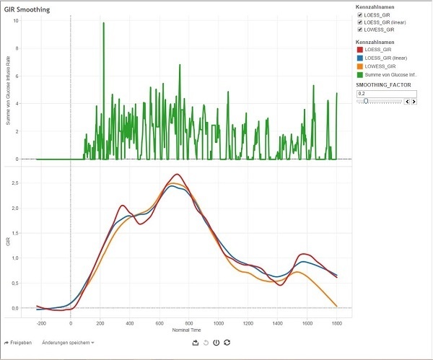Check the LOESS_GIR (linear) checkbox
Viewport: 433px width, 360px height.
pos(360,22)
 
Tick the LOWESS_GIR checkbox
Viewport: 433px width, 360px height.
pos(360,30)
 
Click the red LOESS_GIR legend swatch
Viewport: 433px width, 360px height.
pos(360,49)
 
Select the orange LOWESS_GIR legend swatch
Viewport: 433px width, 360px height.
pos(360,66)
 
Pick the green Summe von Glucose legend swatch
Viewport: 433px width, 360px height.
pos(360,74)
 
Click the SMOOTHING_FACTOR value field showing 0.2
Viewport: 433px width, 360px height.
pos(379,93)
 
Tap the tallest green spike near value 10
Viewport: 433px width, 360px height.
pos(103,23)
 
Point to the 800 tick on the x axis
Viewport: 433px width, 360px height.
pos(188,322)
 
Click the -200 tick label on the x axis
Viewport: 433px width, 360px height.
pos(40,322)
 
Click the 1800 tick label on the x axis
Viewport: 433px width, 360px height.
pos(336,322)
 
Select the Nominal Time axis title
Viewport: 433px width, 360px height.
pos(187,330)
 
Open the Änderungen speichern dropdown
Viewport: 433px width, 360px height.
pos(68,342)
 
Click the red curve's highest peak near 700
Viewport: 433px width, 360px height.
pos(175,175)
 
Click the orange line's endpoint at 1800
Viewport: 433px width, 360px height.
pos(336,306)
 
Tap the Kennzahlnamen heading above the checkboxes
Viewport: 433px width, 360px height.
pos(374,6)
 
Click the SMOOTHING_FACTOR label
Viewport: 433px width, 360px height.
pos(382,85)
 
